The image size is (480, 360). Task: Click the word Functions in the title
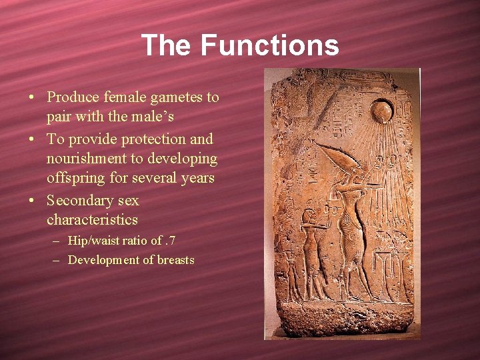[269, 45]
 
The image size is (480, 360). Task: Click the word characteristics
[92, 220]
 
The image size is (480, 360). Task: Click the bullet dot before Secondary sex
[32, 200]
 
